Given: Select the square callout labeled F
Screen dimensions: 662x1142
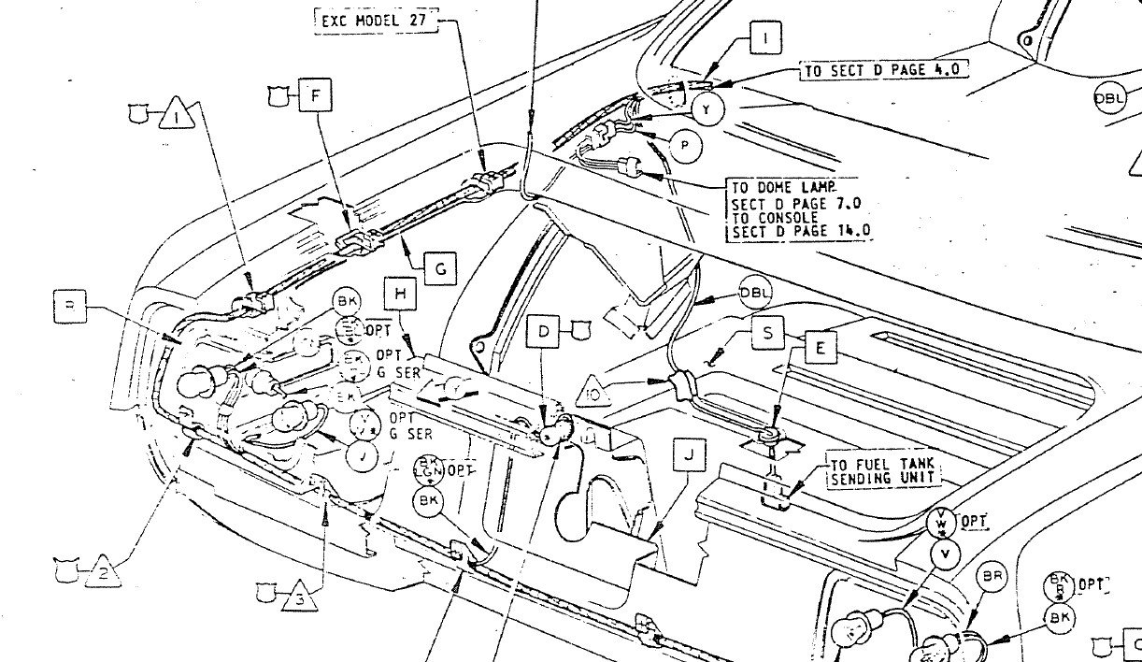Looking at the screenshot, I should (315, 95).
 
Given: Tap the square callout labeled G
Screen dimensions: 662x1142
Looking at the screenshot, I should (440, 270).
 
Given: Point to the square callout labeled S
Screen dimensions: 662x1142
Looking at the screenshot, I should (767, 333).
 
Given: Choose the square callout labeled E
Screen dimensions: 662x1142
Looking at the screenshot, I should (820, 349).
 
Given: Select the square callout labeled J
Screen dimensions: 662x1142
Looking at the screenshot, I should (689, 455).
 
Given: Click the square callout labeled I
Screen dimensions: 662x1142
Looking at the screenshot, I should (764, 39).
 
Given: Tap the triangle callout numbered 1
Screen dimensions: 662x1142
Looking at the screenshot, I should (174, 116).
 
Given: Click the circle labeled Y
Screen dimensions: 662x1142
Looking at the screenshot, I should (707, 110).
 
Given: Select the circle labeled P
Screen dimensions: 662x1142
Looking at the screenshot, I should (687, 145).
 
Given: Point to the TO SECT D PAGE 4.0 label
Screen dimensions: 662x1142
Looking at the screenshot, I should (881, 70).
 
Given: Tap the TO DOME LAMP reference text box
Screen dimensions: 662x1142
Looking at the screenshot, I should (801, 209).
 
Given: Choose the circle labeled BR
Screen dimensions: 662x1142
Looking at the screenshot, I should (991, 577).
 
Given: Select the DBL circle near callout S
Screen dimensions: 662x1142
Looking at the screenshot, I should (756, 293).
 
